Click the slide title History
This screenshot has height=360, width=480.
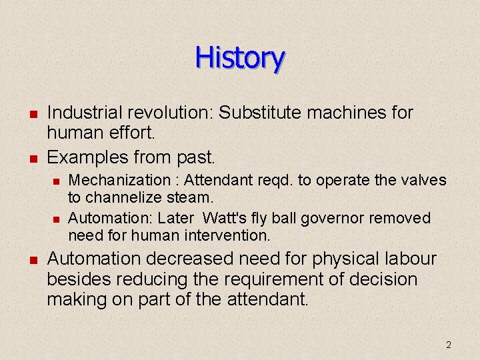click(x=240, y=58)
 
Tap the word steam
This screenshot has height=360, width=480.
click(x=190, y=197)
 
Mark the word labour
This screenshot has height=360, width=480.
click(x=404, y=259)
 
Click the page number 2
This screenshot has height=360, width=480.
click(x=448, y=345)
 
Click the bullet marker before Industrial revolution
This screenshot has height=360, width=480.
click(x=31, y=114)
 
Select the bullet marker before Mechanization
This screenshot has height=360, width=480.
click(x=57, y=181)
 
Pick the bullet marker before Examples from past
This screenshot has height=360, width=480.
click(x=31, y=158)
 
